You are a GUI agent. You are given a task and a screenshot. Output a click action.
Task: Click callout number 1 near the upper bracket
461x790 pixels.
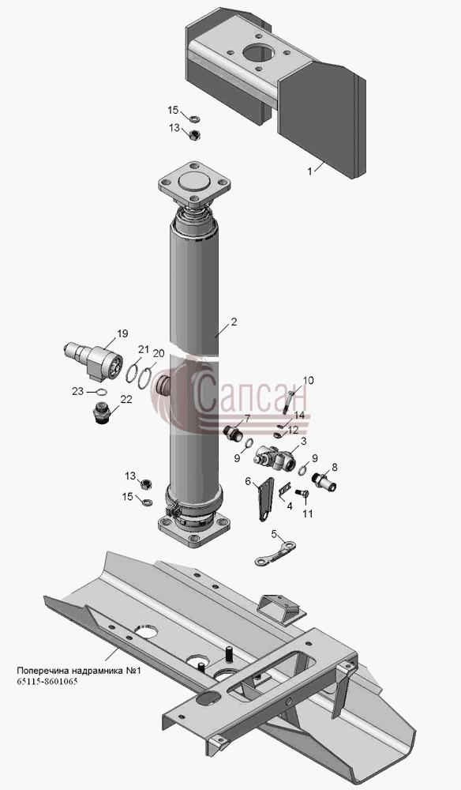click(310, 171)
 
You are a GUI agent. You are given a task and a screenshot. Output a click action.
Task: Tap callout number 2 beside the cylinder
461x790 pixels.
click(234, 322)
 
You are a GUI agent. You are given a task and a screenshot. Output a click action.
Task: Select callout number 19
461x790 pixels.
click(122, 333)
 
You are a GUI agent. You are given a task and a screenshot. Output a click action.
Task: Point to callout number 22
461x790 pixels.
click(126, 399)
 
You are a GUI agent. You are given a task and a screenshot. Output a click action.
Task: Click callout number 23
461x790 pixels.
click(77, 391)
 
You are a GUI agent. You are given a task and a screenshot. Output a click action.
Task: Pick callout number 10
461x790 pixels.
click(308, 380)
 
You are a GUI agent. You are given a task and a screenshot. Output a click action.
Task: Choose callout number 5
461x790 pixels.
click(274, 534)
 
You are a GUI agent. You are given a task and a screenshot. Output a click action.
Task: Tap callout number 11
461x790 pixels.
click(307, 514)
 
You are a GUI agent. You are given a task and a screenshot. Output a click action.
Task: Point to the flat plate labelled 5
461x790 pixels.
click(275, 554)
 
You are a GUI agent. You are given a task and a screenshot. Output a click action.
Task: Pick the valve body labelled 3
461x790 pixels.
click(274, 457)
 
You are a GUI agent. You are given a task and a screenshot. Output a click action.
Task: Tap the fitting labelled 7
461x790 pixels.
click(233, 434)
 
